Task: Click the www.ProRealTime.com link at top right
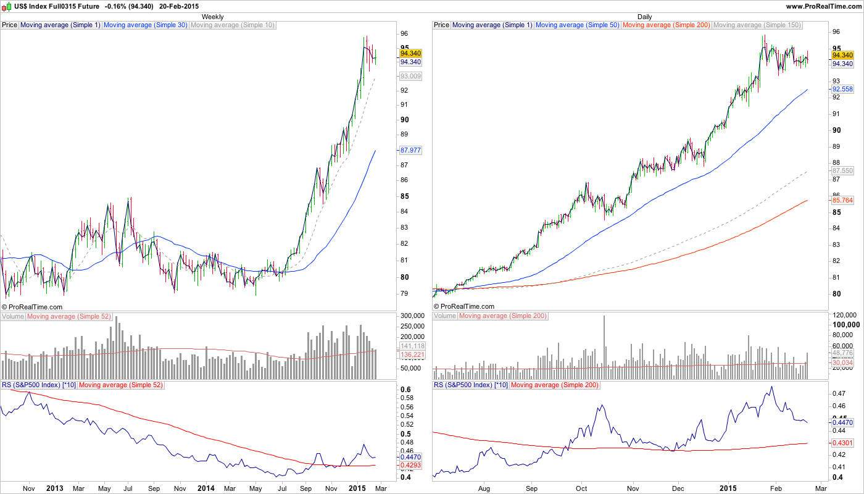(824, 6)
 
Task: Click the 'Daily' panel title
(644, 17)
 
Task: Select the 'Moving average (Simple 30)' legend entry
(146, 25)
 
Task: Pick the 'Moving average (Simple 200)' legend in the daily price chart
(667, 25)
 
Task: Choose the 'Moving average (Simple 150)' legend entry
(757, 25)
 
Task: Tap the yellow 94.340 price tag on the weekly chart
(410, 54)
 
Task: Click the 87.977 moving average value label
(410, 150)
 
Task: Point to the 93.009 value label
(410, 76)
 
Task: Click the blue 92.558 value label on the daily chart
(842, 89)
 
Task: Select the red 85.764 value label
(842, 200)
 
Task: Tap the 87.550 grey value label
(842, 170)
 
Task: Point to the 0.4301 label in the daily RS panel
(842, 443)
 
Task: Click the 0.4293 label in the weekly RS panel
(410, 465)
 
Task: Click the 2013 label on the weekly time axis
(55, 488)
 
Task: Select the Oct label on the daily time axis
(581, 488)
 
